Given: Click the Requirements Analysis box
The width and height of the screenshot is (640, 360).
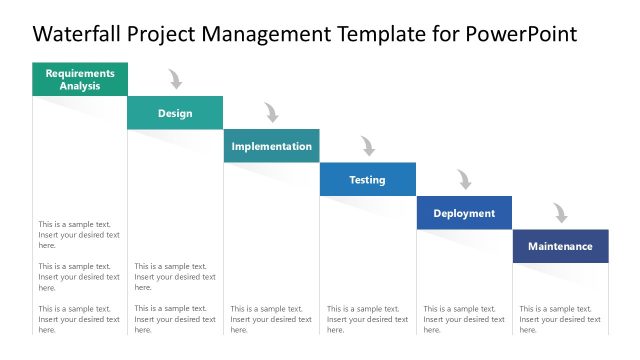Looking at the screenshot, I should pos(80,79).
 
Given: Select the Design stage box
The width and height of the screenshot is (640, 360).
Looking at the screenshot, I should pos(175,113).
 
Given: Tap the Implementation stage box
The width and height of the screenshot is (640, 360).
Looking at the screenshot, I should pos(271,146).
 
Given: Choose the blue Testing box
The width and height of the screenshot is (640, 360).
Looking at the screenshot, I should pos(367,180).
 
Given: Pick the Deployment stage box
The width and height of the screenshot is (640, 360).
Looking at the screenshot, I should pos(464,213).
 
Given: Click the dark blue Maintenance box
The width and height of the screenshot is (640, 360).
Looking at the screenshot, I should pos(560,246).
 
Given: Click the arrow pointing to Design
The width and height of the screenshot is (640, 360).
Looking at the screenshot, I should pos(176,79).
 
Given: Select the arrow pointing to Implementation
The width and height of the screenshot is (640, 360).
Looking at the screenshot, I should pos(271,112).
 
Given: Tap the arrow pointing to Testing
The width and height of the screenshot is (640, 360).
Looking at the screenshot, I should pos(368,146).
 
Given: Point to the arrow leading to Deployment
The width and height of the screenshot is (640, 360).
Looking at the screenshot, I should pos(464,179).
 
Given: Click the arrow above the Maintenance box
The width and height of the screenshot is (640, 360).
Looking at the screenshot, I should pos(560,213).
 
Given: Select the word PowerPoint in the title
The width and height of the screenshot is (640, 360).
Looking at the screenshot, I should pos(521,35).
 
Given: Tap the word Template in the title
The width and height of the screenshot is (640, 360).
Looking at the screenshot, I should pos(378,35).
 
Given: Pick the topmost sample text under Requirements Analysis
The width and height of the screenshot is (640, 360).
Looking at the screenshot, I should pos(79,235).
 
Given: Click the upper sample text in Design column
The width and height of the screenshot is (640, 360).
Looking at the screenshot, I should pos(175,277).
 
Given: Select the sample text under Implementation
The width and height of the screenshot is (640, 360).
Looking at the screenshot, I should pos(271,319).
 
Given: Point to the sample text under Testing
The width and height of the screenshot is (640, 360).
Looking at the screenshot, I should pos(367,319).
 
